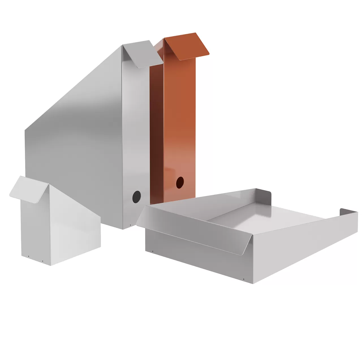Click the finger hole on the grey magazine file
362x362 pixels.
(x=137, y=196)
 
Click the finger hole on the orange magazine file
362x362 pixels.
(x=180, y=182)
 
